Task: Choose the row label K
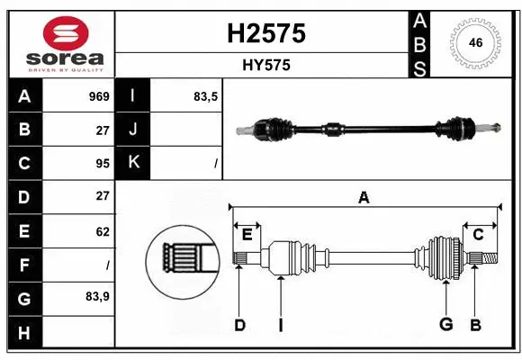point(133,163)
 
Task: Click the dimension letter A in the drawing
point(364,198)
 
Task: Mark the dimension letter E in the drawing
point(247,235)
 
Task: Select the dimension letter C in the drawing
point(478,235)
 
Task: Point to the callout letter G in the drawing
point(445,325)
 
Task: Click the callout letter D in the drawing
point(239,325)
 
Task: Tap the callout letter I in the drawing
point(280,325)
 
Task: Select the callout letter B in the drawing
point(475,325)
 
